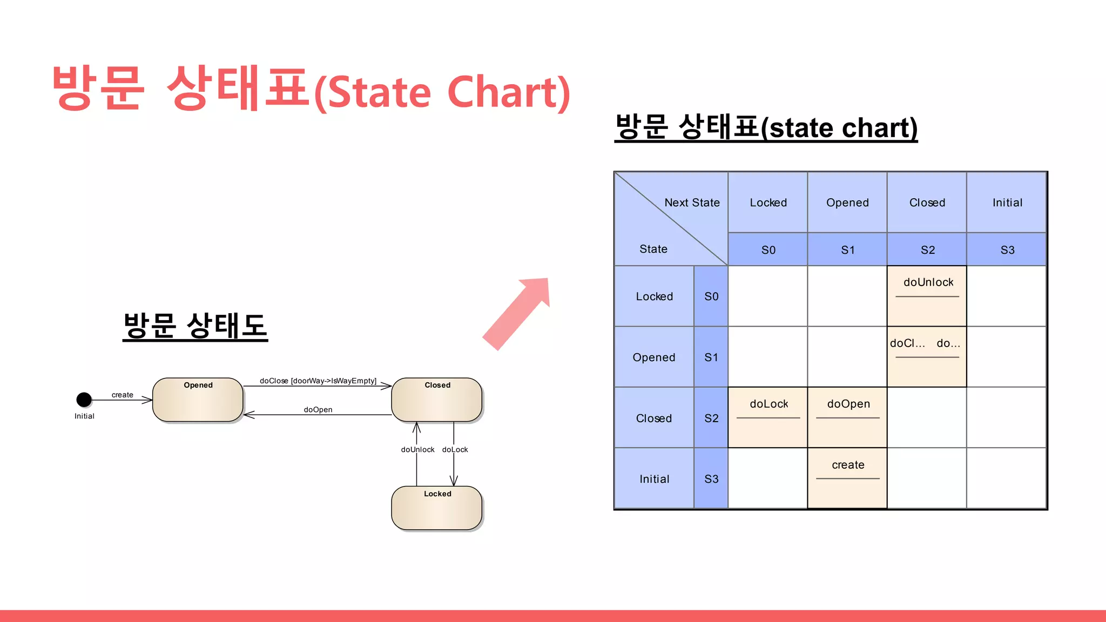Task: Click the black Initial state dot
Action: (84, 400)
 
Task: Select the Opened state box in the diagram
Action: (198, 400)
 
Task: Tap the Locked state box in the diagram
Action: (436, 508)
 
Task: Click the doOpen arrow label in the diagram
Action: (318, 410)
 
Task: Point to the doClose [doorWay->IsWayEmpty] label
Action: (318, 381)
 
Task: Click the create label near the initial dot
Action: (123, 395)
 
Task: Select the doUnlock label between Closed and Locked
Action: (417, 449)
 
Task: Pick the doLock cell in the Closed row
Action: (768, 417)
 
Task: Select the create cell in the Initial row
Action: (847, 478)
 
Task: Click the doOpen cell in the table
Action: (847, 417)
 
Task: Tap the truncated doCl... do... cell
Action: (927, 356)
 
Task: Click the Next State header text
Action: (692, 202)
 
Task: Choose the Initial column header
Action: (1007, 202)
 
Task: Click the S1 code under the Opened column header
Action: (847, 249)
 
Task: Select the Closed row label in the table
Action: (654, 418)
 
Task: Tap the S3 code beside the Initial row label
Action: (711, 479)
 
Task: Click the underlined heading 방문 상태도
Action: (195, 326)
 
